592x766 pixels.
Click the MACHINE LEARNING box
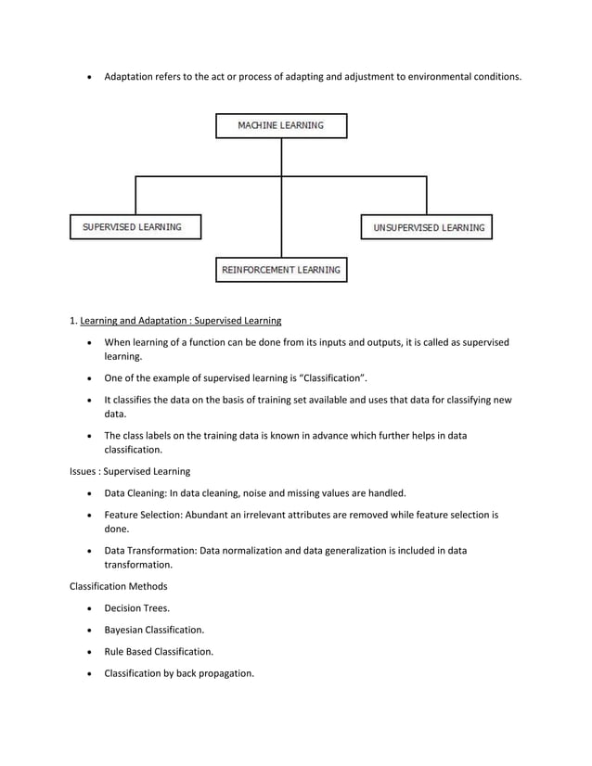281,125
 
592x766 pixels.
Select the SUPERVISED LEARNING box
135,226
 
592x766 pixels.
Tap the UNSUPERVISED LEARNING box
426,227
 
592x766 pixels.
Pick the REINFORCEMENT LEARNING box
281,270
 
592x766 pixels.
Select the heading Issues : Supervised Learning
130,472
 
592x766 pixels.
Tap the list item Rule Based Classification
158,651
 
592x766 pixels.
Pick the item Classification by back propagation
178,672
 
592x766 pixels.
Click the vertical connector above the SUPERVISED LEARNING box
136,196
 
